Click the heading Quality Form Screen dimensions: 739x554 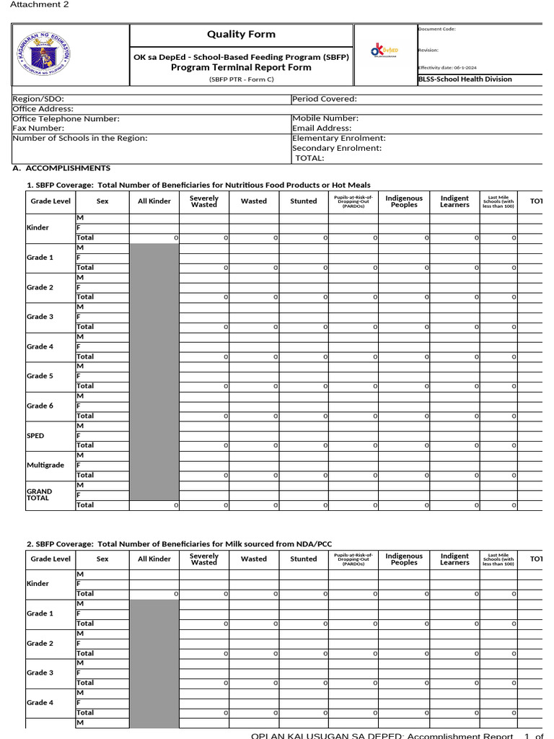241,34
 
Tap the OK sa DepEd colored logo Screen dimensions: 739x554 384,50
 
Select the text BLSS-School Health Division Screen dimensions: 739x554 465,79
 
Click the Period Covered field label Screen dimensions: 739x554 325,100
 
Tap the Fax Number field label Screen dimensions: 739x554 39,128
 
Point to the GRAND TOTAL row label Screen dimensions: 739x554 40,494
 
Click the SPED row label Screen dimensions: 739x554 35,436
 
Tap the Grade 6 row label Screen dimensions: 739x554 40,406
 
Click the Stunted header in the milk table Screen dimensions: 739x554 303,559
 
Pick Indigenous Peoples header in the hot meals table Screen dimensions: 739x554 404,201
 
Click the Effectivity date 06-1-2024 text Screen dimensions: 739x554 447,66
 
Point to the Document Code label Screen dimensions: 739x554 437,29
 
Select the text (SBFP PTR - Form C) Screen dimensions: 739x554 241,79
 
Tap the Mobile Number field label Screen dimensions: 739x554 325,118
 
